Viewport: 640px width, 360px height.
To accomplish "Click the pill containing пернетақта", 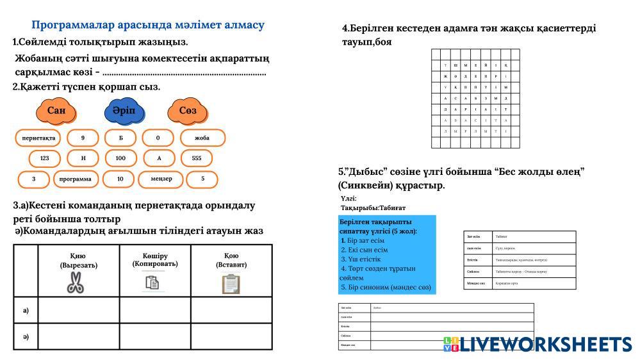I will [x=38, y=138].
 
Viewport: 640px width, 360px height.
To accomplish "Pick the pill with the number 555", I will [x=196, y=158].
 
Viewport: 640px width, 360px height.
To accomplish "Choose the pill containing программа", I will [x=75, y=179].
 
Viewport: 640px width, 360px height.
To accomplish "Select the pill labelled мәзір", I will [x=161, y=179].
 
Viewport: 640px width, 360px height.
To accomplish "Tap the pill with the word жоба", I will [x=202, y=138].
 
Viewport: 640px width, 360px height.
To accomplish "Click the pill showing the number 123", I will [x=44, y=158].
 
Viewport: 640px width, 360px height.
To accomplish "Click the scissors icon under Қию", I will [x=75, y=282].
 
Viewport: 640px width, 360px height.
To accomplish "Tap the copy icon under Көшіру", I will [x=152, y=282].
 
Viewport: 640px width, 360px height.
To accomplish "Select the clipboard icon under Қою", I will [x=231, y=283].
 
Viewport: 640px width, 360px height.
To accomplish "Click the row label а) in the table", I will [x=26, y=311].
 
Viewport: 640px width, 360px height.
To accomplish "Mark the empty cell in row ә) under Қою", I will [x=231, y=336].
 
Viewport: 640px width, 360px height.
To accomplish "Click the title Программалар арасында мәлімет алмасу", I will [x=148, y=25].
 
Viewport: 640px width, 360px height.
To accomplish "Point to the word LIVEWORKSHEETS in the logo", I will [x=546, y=344].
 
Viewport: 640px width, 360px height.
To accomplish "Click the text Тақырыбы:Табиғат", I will [x=373, y=208].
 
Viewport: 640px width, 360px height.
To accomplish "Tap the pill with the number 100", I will [x=120, y=158].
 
